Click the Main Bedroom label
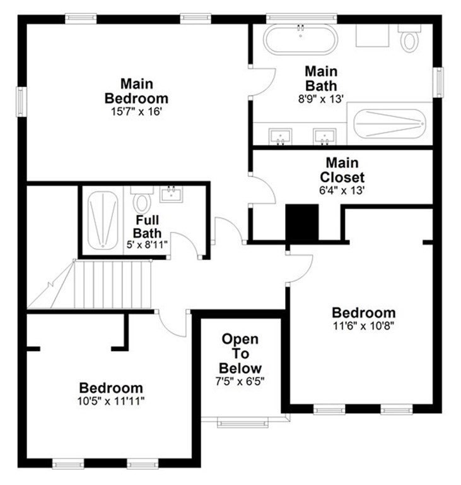tap(136, 91)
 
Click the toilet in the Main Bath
tap(410, 39)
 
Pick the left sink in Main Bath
tap(281, 136)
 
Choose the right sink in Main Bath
tap(325, 136)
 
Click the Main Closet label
tap(342, 169)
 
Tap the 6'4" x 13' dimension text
tap(342, 188)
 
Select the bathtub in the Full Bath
tap(103, 220)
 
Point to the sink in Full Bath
tap(170, 194)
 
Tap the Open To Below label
tap(240, 354)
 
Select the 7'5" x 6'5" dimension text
tap(240, 381)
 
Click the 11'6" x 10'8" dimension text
tap(364, 326)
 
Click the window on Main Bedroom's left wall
tap(21, 102)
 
